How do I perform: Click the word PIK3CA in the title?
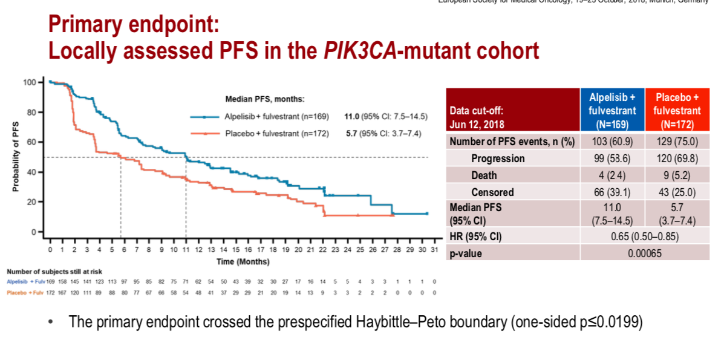357,51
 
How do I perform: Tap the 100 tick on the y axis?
30,82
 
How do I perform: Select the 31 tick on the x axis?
434,249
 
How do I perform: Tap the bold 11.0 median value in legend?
353,117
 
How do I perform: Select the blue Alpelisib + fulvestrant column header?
612,111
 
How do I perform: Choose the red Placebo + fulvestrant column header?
677,111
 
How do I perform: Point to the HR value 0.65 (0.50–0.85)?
644,237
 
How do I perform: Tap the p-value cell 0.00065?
644,254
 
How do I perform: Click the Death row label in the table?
484,175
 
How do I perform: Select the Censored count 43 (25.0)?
677,192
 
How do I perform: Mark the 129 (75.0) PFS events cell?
677,142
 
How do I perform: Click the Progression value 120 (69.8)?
677,159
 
